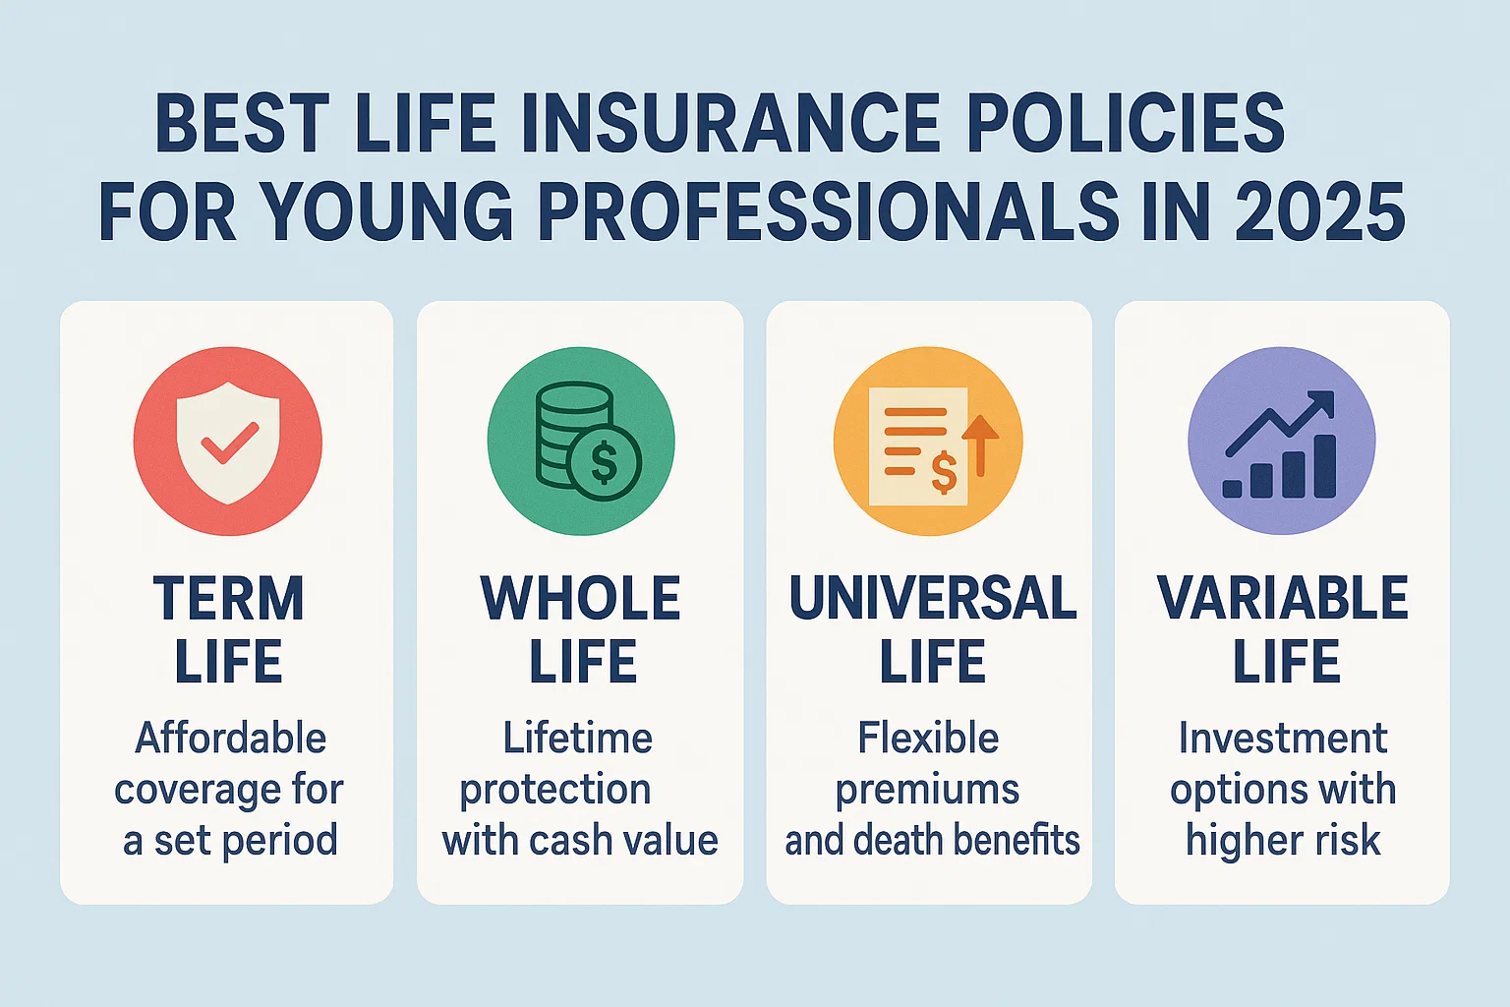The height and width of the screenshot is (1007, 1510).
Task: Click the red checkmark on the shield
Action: (x=230, y=443)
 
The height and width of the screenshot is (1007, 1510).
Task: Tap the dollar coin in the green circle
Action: (x=604, y=462)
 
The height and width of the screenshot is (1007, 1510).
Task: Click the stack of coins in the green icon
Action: (x=566, y=435)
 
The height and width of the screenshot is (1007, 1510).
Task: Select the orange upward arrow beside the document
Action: (x=980, y=445)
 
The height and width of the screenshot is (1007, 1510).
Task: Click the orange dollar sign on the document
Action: (x=944, y=473)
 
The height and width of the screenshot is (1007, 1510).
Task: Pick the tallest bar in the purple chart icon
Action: (x=1325, y=466)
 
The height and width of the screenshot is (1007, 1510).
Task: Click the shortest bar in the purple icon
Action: (x=1232, y=489)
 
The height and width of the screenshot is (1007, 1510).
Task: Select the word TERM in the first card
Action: (x=229, y=598)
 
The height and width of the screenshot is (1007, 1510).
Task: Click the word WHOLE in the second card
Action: (x=580, y=598)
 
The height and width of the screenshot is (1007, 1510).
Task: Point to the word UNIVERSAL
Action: (x=933, y=598)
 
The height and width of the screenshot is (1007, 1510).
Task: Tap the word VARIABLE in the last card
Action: (x=1283, y=598)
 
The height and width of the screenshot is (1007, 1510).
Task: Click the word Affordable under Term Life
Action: (x=231, y=738)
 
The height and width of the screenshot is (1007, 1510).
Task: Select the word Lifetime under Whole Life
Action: (x=578, y=738)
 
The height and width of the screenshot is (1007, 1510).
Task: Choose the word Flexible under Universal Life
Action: (x=928, y=738)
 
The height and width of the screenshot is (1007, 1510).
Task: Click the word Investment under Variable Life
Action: (x=1283, y=738)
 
